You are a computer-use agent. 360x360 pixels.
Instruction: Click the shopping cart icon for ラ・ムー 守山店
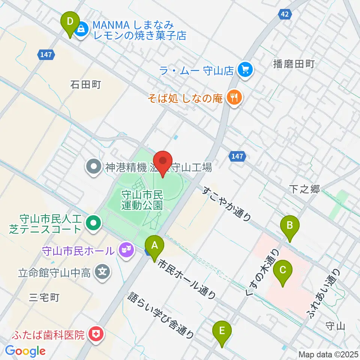pos(246,70)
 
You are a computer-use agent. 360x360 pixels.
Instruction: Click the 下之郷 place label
pos(304,189)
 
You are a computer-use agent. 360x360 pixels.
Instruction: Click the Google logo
pos(25,351)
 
